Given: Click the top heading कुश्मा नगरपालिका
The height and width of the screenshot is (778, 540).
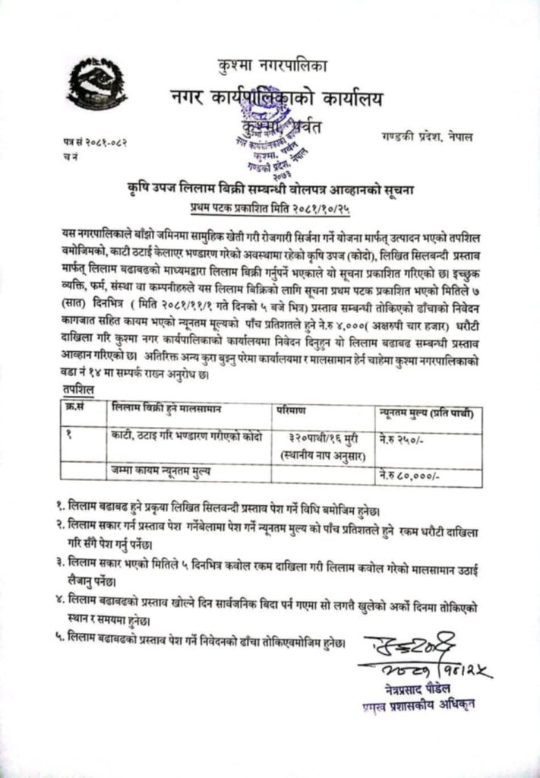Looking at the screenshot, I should [x=270, y=67].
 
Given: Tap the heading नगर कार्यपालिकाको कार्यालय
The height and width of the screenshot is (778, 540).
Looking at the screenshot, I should [x=276, y=98].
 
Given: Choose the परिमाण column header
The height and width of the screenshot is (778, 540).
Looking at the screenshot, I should [x=292, y=410].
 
